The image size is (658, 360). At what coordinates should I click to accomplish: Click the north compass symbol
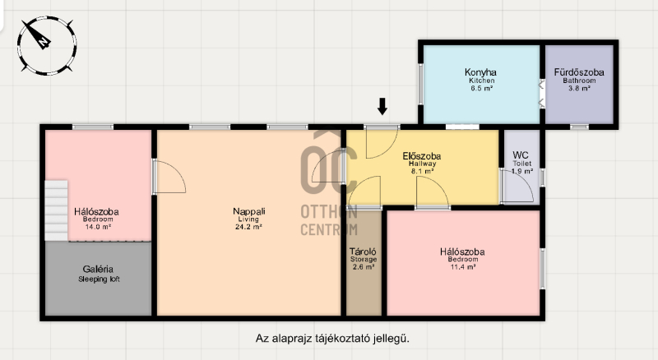pyautogui.click(x=47, y=45)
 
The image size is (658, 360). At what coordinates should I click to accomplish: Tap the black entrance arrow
pyautogui.click(x=382, y=106)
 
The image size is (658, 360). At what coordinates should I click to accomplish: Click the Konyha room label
pyautogui.click(x=480, y=72)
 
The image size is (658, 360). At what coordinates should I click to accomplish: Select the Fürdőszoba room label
pyautogui.click(x=579, y=72)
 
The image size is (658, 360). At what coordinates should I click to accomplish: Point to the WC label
pyautogui.click(x=521, y=155)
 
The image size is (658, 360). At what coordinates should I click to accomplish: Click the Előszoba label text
pyautogui.click(x=422, y=156)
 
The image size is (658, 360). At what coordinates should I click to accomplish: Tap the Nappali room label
pyautogui.click(x=249, y=211)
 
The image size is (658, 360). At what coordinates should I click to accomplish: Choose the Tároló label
pyautogui.click(x=363, y=252)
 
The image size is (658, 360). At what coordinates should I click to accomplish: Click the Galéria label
pyautogui.click(x=98, y=269)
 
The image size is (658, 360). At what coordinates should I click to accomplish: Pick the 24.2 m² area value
pyautogui.click(x=249, y=227)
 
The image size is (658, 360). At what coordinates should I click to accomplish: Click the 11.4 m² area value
pyautogui.click(x=463, y=267)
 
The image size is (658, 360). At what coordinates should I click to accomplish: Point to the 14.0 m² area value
pyautogui.click(x=98, y=227)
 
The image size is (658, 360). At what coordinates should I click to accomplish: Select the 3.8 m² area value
pyautogui.click(x=579, y=88)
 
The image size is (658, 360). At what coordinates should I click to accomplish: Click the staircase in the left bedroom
pyautogui.click(x=56, y=210)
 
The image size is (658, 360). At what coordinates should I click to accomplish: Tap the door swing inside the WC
pyautogui.click(x=518, y=187)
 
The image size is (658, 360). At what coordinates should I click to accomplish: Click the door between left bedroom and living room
pyautogui.click(x=169, y=176)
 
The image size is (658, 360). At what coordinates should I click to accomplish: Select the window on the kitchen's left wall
pyautogui.click(x=420, y=84)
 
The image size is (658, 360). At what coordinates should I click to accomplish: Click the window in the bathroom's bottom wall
pyautogui.click(x=579, y=127)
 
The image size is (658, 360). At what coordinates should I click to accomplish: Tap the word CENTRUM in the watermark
pyautogui.click(x=329, y=229)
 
